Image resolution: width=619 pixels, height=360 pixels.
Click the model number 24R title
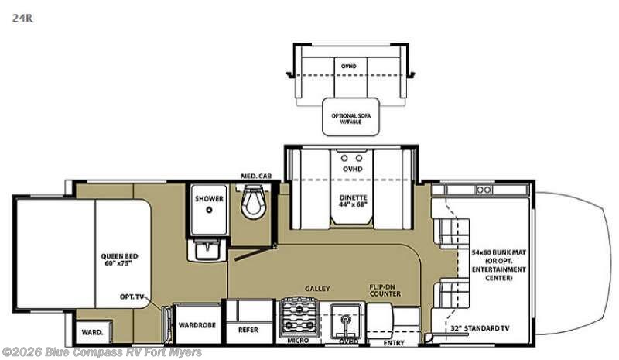pyautogui.click(x=16, y=14)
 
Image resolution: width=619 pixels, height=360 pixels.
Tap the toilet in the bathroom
pyautogui.click(x=251, y=204)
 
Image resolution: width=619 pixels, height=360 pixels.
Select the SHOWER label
pyautogui.click(x=209, y=199)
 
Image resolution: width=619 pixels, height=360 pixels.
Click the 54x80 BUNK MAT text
pyautogui.click(x=498, y=252)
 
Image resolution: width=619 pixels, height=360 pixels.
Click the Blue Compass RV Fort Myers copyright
pyautogui.click(x=102, y=352)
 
